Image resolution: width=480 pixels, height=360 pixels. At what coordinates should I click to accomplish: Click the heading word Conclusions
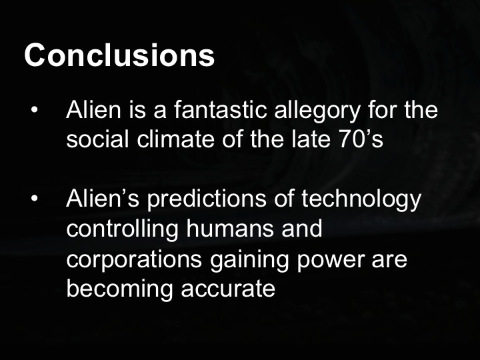click(x=119, y=55)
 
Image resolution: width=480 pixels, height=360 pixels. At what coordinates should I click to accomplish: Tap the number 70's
click(x=359, y=140)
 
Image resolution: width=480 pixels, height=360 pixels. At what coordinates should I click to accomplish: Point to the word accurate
click(x=225, y=290)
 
